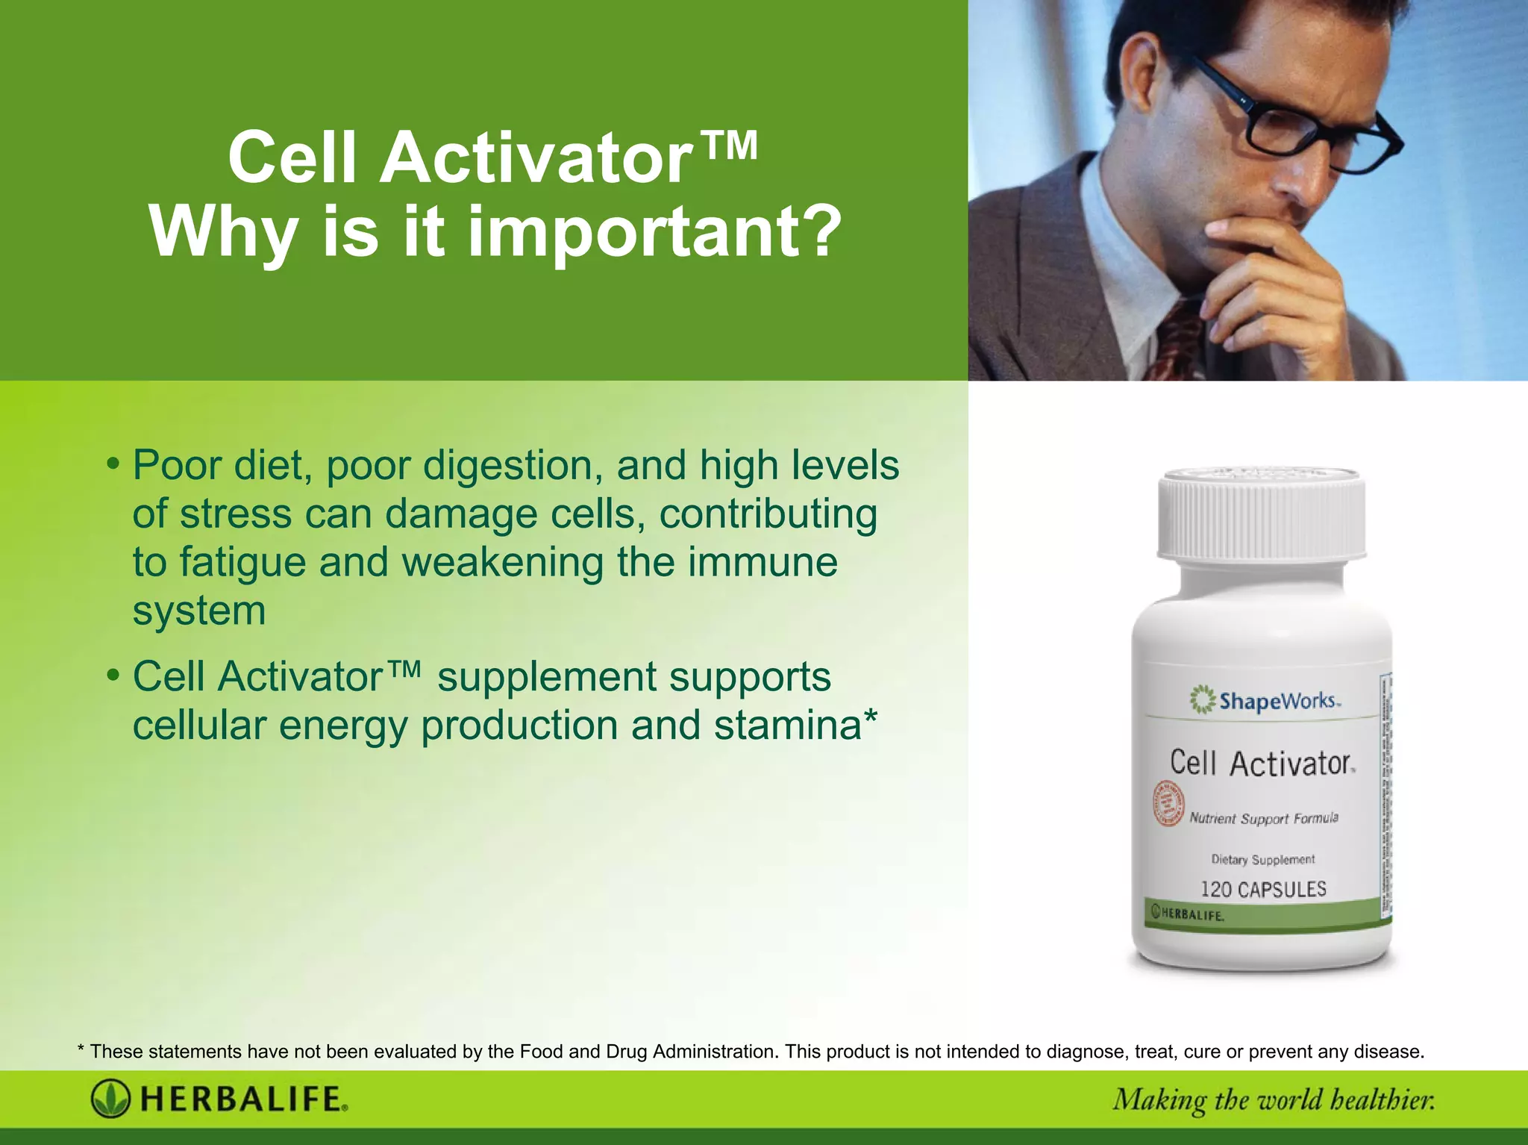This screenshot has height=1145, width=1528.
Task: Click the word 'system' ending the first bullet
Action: pyautogui.click(x=199, y=611)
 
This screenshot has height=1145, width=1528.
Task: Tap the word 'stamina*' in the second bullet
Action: pyautogui.click(x=795, y=726)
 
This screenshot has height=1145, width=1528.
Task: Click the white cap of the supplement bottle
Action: pyautogui.click(x=1261, y=515)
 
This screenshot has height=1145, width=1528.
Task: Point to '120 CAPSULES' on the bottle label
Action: pyautogui.click(x=1263, y=889)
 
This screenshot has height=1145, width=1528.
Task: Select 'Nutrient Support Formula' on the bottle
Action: pyautogui.click(x=1264, y=819)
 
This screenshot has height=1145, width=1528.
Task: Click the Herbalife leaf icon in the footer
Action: pyautogui.click(x=110, y=1099)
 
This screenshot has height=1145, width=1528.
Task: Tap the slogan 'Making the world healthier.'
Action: pyautogui.click(x=1273, y=1100)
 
